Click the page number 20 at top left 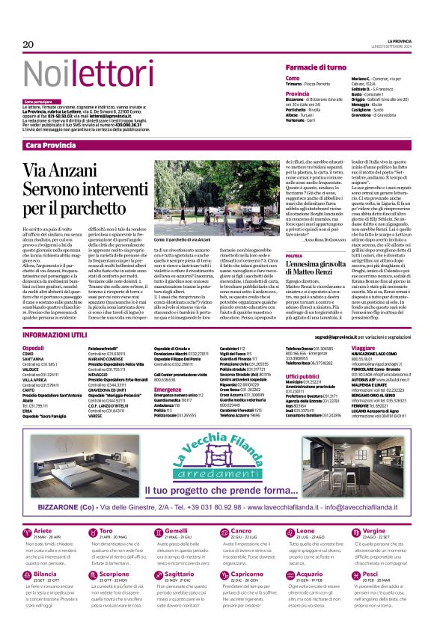(x=28, y=44)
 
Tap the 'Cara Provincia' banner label (x=51, y=144)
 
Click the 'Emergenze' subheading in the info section (x=170, y=390)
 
